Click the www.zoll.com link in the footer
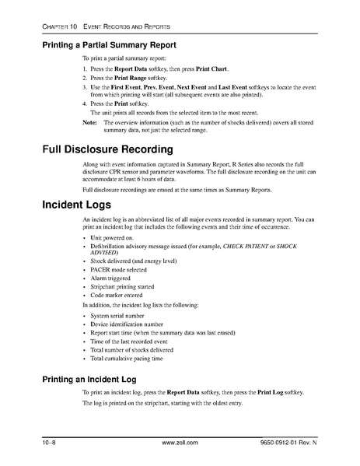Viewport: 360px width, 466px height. coord(180,443)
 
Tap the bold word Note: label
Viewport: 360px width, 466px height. coord(90,122)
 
